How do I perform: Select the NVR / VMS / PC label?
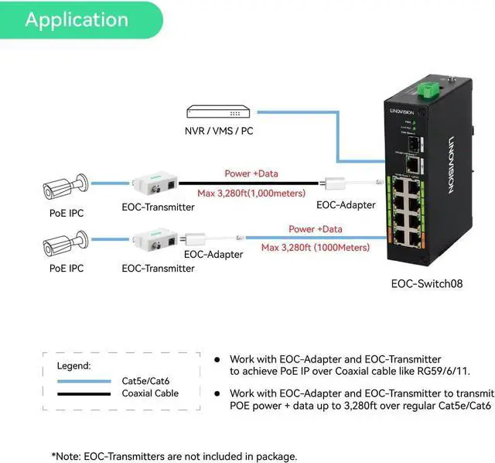coord(219,131)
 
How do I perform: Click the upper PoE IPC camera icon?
coord(65,187)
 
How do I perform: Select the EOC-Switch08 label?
coord(426,283)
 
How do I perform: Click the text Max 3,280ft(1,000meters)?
coord(250,192)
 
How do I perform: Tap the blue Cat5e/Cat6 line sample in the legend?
coord(84,380)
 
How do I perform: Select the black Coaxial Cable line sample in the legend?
coord(84,393)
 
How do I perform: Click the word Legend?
coord(74,365)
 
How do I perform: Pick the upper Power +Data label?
coord(251,174)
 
